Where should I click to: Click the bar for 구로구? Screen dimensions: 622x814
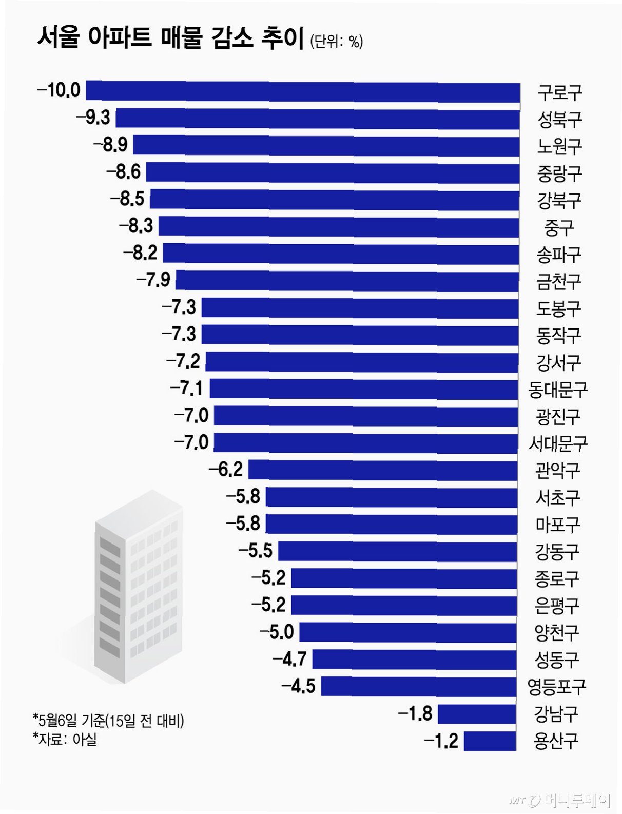point(302,91)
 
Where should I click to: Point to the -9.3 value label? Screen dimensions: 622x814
point(93,118)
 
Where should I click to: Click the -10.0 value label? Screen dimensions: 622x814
point(59,90)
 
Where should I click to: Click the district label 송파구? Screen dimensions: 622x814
point(559,255)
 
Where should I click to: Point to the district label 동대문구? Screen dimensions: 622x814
point(558,390)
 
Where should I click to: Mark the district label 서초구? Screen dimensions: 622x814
point(557,498)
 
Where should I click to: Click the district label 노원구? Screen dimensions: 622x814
point(559,146)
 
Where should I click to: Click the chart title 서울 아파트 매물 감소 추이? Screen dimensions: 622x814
point(170,38)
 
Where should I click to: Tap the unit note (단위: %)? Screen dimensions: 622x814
point(337,42)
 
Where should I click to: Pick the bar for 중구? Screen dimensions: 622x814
point(338,227)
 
